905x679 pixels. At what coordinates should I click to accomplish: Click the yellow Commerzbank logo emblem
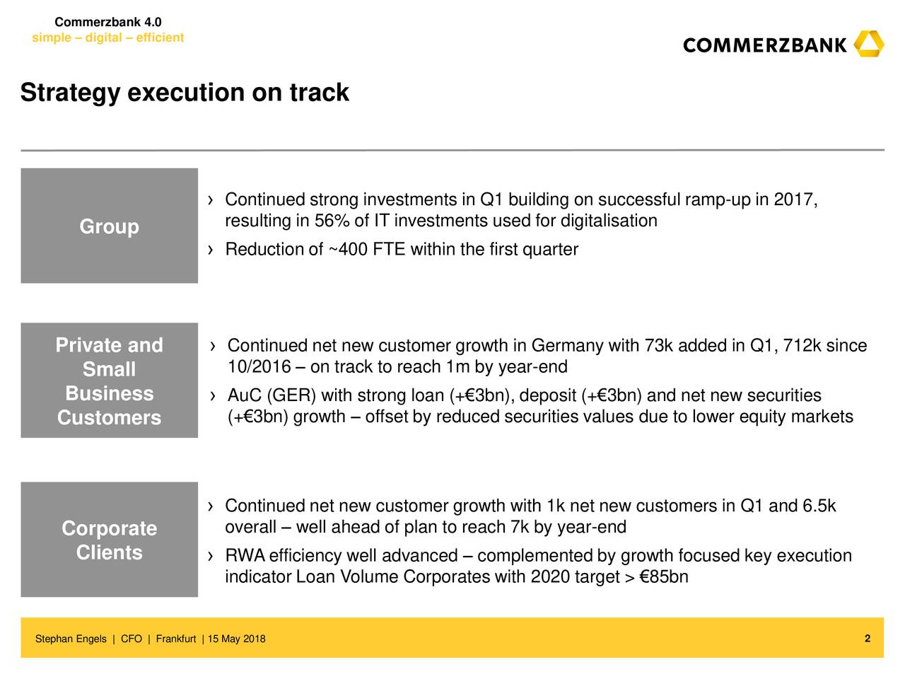pos(869,44)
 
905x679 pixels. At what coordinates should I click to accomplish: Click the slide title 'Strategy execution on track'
pos(185,93)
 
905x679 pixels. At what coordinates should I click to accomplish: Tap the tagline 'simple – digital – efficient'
pos(107,37)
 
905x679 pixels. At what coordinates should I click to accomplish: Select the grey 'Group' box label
pos(110,226)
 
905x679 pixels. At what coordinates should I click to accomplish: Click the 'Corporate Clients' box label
pos(110,540)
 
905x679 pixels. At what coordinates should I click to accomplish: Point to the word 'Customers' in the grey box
pos(110,417)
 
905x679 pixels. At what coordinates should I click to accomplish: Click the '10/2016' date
pos(259,366)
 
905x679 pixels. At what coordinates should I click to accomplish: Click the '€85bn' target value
pos(664,576)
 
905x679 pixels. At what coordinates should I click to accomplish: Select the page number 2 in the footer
pos(867,639)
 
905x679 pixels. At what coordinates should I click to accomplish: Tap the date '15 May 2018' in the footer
pos(237,639)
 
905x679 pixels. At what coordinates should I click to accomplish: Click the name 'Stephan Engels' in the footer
pos(71,639)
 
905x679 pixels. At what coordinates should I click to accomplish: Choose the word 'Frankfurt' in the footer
pos(176,639)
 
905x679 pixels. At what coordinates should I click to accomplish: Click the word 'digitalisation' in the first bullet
pos(609,221)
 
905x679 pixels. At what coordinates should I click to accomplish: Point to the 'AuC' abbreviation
pos(245,395)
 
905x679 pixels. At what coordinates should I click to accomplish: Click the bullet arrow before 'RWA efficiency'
pos(211,556)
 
